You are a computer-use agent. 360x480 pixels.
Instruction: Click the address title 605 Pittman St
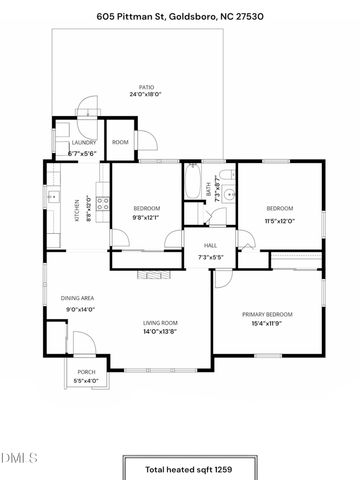point(180,17)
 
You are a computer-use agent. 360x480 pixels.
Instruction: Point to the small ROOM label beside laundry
point(120,143)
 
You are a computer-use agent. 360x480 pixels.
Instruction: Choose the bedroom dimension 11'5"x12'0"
point(279,220)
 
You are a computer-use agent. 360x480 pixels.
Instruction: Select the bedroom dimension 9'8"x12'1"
point(146,217)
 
